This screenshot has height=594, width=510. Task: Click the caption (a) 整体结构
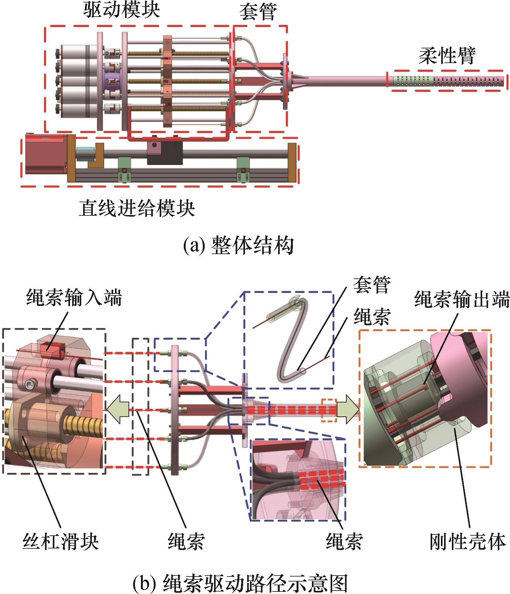pyautogui.click(x=238, y=246)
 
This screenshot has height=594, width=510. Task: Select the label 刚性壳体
pyautogui.click(x=467, y=542)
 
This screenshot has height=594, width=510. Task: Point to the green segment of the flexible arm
pyautogui.click(x=413, y=81)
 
